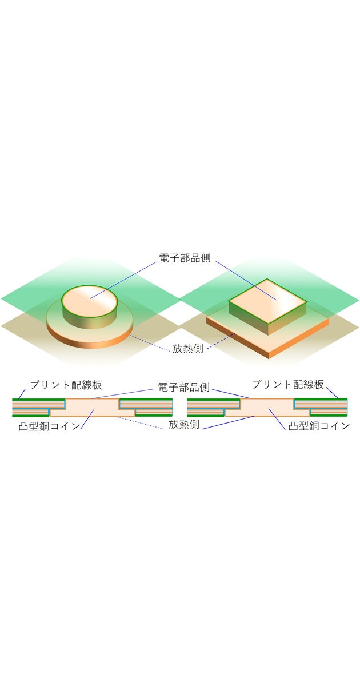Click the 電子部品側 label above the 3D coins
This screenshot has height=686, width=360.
point(184,257)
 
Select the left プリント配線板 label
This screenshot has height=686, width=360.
point(66,384)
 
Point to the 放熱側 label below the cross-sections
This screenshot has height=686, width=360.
point(183,425)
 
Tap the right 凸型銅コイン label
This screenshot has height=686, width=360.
point(319,425)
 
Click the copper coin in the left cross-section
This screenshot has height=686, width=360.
point(91,407)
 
